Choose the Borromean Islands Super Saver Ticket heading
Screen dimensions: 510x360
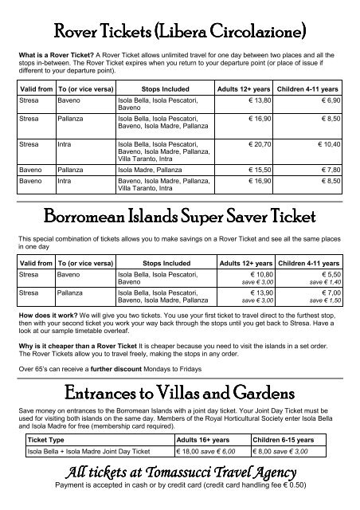[x=180, y=217]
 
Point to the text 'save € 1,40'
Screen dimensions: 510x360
[x=327, y=281]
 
